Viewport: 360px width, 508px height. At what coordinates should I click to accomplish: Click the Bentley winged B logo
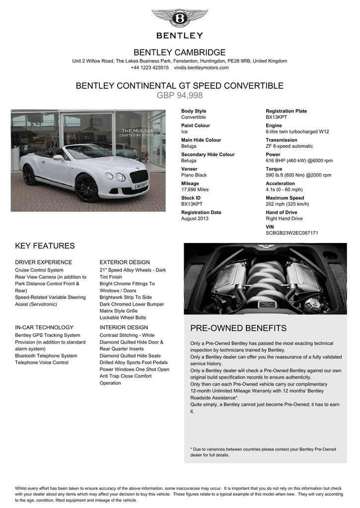(180, 18)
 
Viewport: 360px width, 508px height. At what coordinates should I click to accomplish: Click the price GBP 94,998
(180, 95)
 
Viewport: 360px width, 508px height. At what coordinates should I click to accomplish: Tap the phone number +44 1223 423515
(149, 67)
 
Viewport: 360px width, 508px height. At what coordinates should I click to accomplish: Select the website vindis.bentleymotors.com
(201, 67)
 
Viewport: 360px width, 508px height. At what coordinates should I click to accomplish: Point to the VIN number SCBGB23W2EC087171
(292, 233)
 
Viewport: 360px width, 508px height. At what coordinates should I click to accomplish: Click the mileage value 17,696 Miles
(195, 190)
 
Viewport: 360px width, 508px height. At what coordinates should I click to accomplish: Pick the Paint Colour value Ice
(184, 132)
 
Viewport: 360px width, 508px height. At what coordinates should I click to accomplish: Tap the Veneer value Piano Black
(194, 175)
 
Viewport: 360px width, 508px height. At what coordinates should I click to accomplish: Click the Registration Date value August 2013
(195, 218)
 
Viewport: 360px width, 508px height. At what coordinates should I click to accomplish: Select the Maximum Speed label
(285, 198)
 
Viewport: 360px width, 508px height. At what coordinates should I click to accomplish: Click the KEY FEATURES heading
(45, 246)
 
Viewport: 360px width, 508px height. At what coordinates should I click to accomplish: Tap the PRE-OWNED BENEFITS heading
(238, 328)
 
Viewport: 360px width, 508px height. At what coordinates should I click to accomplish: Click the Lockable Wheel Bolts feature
(123, 317)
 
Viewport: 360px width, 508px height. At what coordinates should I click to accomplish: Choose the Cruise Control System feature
(39, 270)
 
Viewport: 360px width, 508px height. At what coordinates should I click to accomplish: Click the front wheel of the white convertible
(87, 188)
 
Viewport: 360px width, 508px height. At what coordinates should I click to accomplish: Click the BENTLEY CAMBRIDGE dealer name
(180, 53)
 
